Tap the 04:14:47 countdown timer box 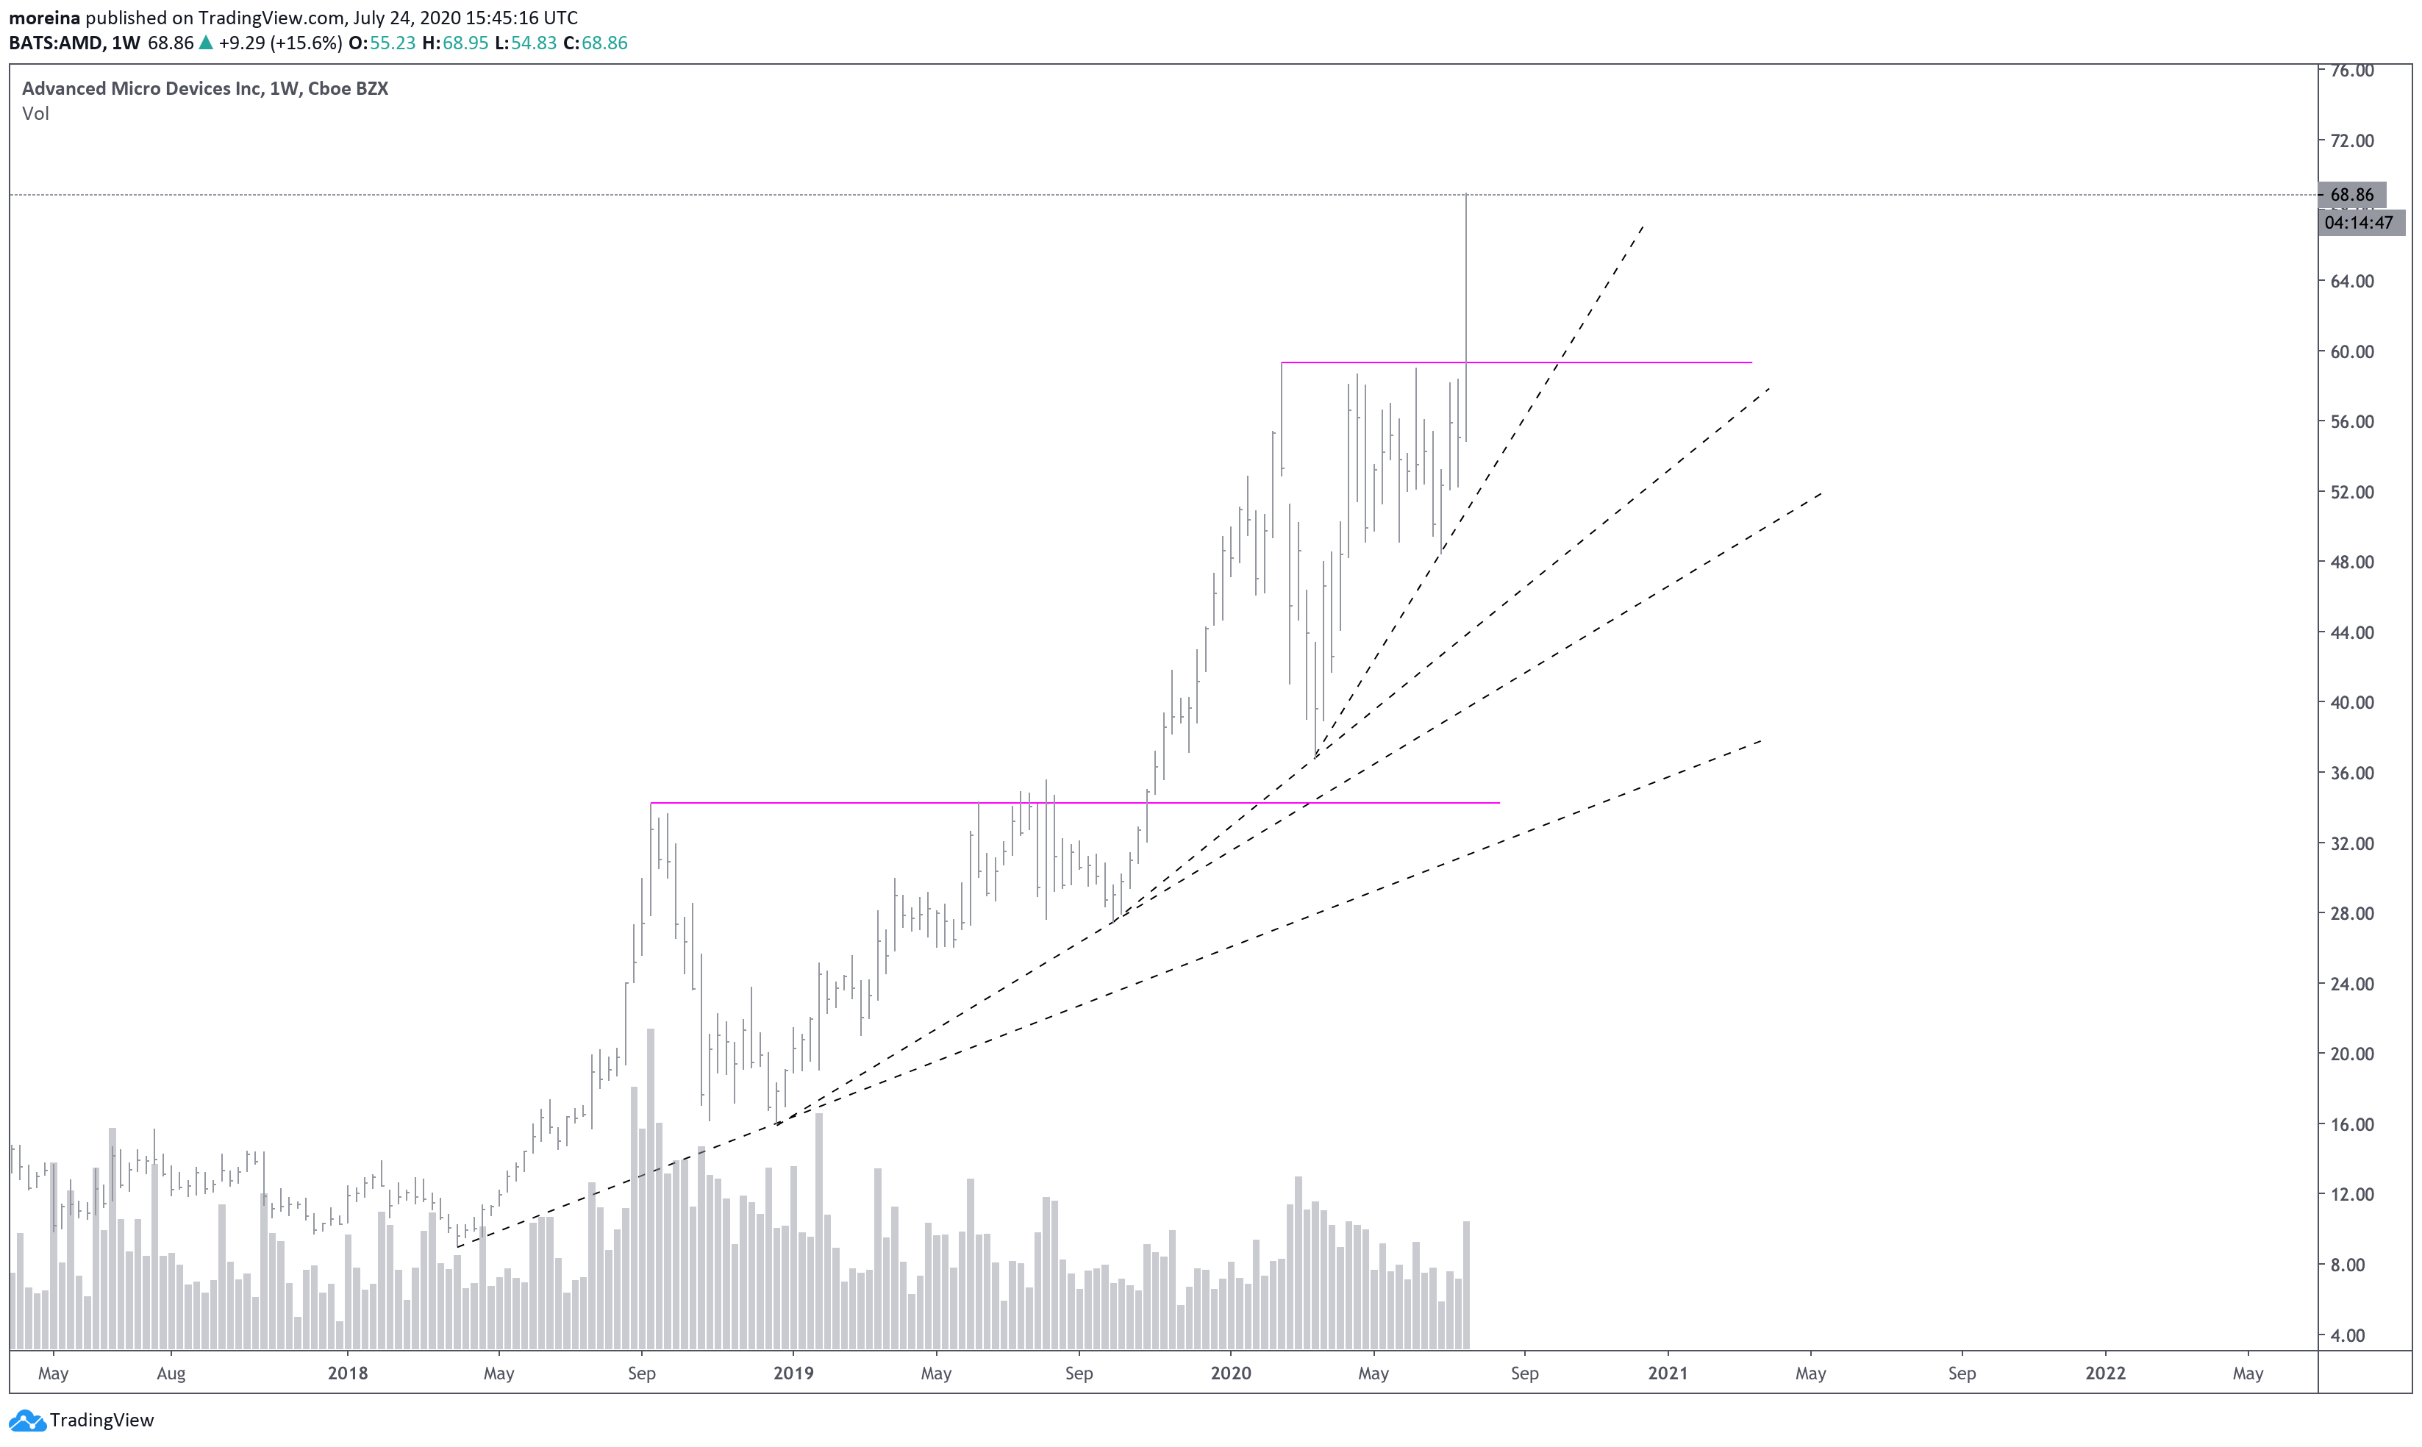[2357, 222]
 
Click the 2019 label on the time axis [793, 1373]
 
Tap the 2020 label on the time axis [1231, 1373]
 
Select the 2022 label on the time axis [2105, 1373]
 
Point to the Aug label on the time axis [171, 1373]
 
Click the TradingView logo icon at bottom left [26, 1420]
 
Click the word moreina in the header [45, 18]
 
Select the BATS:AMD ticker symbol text [54, 43]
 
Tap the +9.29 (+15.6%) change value [280, 43]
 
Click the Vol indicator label [35, 113]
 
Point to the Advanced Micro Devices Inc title [141, 87]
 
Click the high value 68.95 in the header [465, 43]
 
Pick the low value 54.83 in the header [533, 43]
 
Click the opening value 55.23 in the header [392, 43]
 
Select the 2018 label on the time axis [347, 1373]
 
